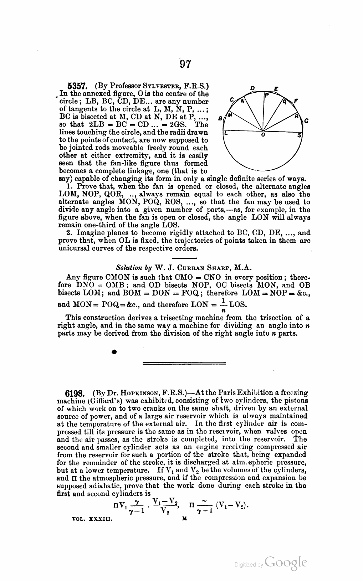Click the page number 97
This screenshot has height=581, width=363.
tap(185, 64)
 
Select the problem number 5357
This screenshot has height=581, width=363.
tap(78, 86)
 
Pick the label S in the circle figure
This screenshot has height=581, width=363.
tap(299, 135)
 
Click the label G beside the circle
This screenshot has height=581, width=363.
tap(306, 121)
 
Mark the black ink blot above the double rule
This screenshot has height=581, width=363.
tap(114, 351)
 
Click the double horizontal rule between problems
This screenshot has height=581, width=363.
tap(184, 363)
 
